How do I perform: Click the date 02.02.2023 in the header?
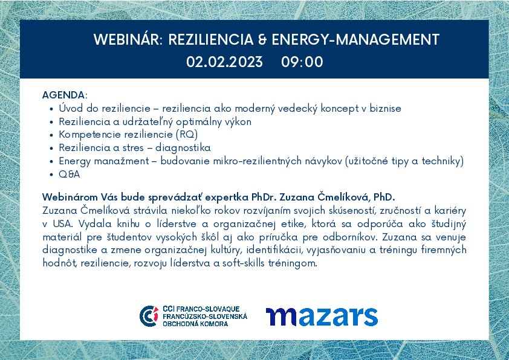point(224,62)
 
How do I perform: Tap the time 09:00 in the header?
point(302,62)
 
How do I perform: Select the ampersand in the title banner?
point(262,40)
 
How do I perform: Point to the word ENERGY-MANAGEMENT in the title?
point(355,40)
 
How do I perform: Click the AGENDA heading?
point(65,95)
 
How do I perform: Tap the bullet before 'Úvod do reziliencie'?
point(51,109)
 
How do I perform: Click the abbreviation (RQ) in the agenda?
point(187,134)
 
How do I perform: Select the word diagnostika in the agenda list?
point(183,148)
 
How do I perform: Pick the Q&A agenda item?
point(69,174)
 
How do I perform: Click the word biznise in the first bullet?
point(385,108)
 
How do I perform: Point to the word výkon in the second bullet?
point(241,122)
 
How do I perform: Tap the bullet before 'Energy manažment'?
point(51,162)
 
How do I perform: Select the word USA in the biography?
point(62,223)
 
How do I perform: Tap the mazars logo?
point(322,317)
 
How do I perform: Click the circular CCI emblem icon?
point(149,316)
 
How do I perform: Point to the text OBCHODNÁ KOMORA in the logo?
point(195,324)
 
